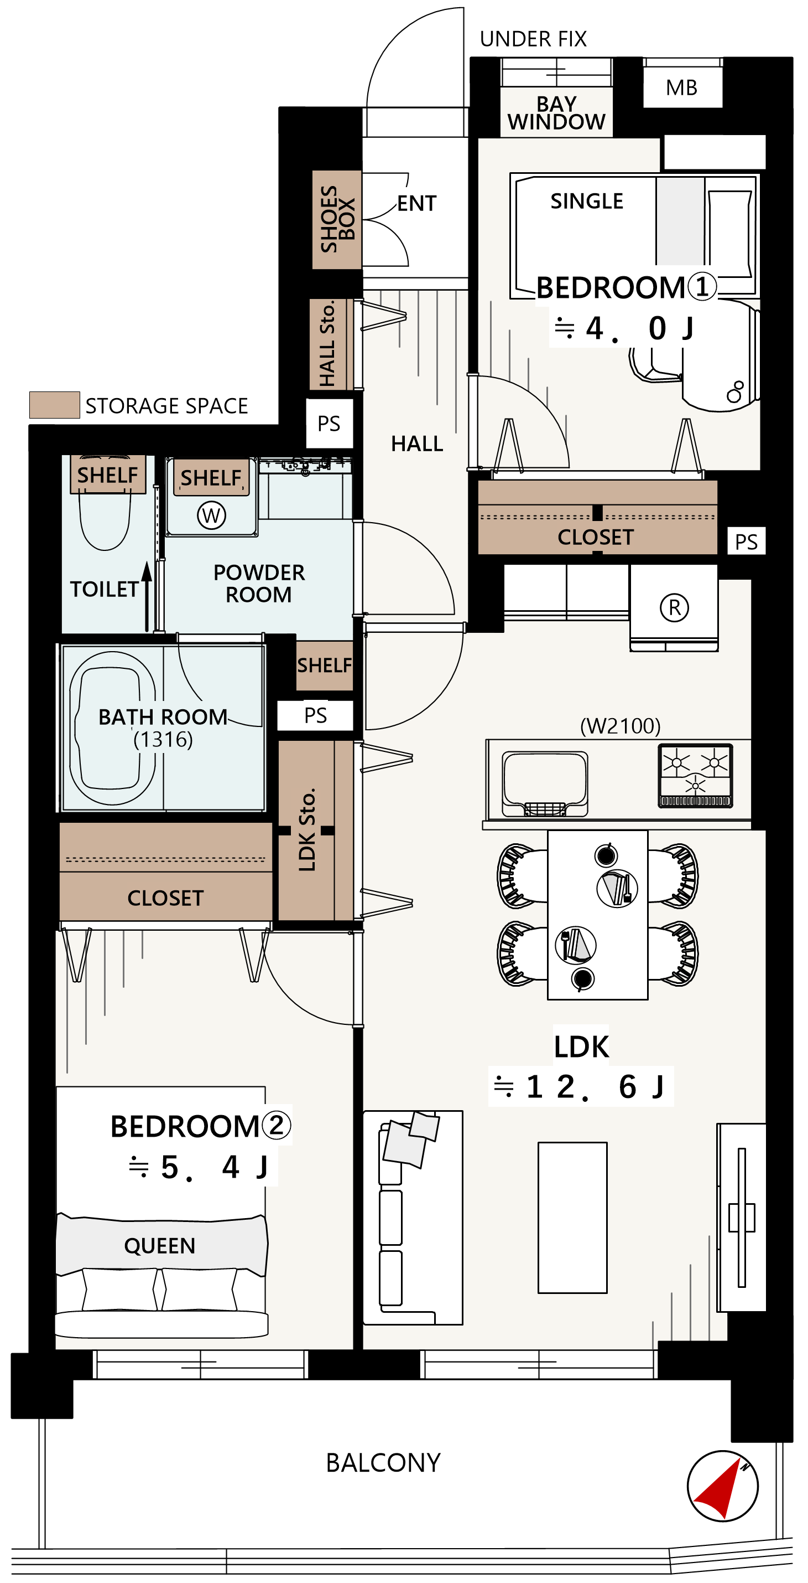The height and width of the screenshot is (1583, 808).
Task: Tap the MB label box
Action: click(x=682, y=87)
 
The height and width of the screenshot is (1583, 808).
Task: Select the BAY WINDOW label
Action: click(x=556, y=113)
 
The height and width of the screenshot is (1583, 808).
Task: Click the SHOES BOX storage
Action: click(x=336, y=219)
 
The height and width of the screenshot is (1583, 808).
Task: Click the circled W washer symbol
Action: click(x=211, y=515)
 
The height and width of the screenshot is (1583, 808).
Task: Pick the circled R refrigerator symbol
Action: click(x=674, y=607)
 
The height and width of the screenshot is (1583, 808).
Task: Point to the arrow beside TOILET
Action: click(x=147, y=597)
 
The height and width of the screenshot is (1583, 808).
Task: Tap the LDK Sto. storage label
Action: click(x=307, y=829)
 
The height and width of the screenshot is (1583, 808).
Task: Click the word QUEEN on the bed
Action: click(x=160, y=1246)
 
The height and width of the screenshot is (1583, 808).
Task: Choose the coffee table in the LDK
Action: click(x=573, y=1218)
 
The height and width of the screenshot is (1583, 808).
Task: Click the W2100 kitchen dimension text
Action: click(x=620, y=726)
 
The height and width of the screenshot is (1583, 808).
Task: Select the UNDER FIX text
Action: click(x=533, y=39)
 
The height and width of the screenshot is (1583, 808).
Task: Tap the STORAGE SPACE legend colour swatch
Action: click(x=55, y=405)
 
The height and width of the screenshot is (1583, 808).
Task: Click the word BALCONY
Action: click(x=383, y=1462)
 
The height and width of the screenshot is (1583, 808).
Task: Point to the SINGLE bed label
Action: click(x=587, y=201)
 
